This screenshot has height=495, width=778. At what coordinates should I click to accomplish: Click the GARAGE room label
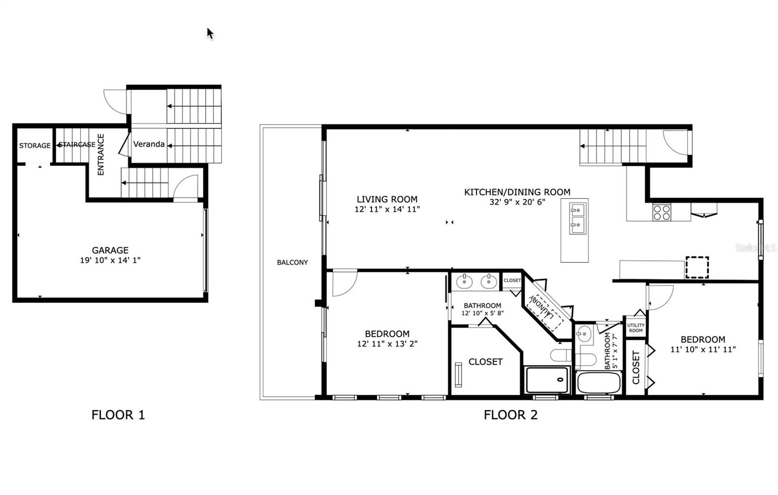(110, 250)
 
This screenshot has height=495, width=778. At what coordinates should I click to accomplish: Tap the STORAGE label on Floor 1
(35, 146)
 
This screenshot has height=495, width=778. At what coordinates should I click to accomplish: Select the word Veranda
(149, 144)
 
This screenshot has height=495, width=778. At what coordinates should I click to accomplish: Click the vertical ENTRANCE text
(101, 154)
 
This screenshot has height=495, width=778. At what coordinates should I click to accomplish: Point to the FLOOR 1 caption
(118, 415)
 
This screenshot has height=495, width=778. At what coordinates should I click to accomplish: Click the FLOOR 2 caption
(511, 415)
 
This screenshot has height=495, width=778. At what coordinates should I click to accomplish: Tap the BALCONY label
(292, 262)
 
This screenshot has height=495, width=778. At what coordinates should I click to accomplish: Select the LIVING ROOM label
(387, 199)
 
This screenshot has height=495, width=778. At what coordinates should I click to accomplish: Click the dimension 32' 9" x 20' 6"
(517, 202)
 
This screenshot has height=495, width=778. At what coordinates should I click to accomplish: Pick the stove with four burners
(661, 212)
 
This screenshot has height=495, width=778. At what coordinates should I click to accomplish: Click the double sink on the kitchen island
(578, 219)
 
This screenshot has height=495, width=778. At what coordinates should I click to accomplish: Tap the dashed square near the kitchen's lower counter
(697, 267)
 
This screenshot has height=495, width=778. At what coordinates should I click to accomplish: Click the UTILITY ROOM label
(636, 328)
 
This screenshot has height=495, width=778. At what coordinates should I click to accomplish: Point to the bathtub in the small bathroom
(599, 383)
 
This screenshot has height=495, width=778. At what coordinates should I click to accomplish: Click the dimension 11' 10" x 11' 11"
(703, 349)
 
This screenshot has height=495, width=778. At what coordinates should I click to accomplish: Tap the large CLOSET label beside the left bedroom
(485, 362)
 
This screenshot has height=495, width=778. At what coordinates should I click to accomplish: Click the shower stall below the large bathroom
(547, 380)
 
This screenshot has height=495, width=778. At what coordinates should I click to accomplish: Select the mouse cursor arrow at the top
(210, 33)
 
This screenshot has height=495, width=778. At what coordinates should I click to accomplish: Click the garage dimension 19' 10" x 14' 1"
(110, 260)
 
